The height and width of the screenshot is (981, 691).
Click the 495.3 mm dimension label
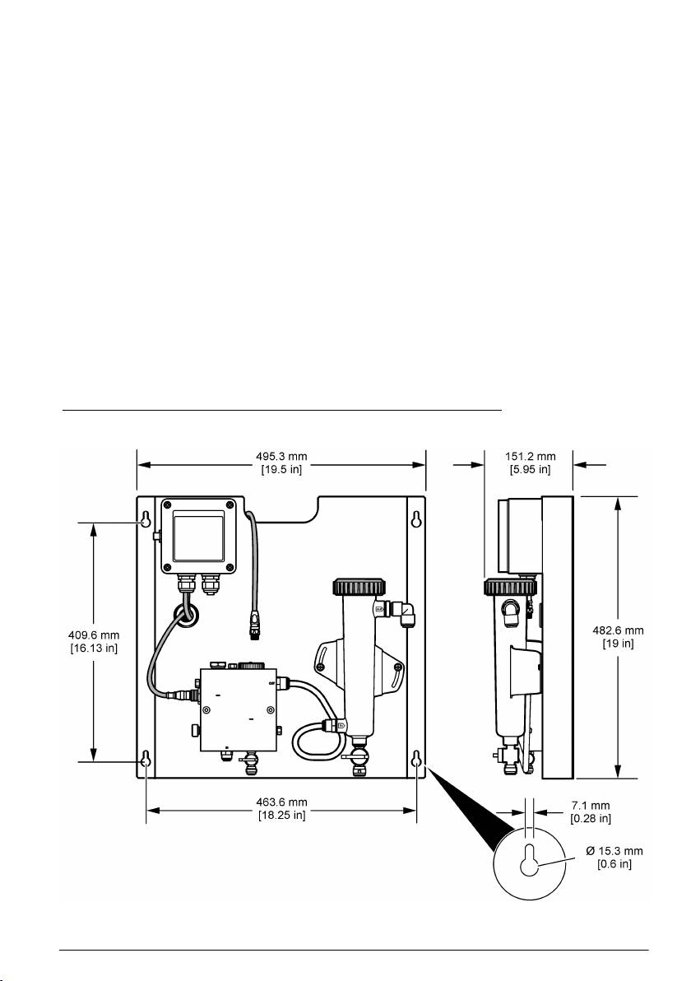(x=281, y=457)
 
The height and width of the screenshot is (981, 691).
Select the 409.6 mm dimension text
(x=94, y=635)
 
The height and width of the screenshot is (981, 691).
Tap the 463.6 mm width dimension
(x=281, y=802)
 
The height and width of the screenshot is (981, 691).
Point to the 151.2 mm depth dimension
(x=531, y=457)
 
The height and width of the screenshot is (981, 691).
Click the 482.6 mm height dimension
(x=618, y=630)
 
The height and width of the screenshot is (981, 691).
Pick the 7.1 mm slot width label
(x=591, y=806)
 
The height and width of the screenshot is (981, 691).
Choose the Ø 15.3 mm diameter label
(x=614, y=851)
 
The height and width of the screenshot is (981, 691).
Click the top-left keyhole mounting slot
(x=146, y=519)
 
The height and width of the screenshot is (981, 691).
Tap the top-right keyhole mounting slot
(x=416, y=519)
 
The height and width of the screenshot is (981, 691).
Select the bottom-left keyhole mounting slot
(x=146, y=759)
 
